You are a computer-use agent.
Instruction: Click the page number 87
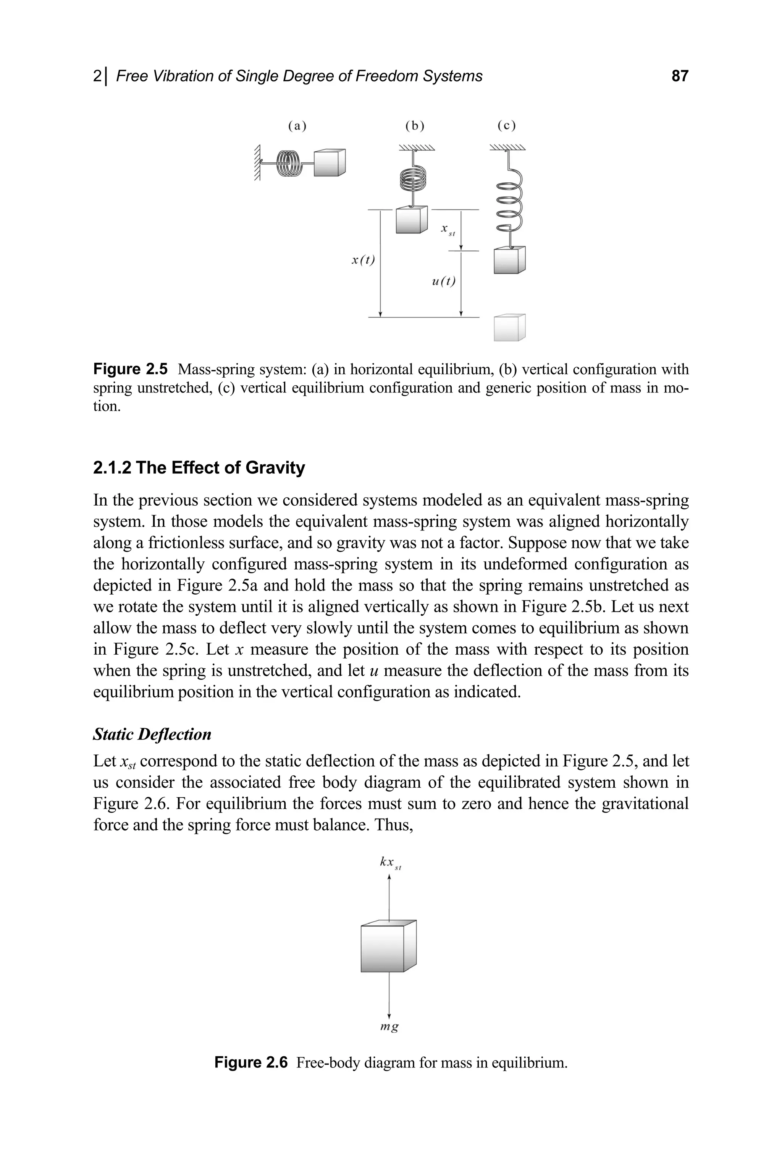click(x=679, y=76)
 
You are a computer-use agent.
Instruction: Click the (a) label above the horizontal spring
click(x=297, y=126)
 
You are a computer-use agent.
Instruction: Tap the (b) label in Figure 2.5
click(x=414, y=126)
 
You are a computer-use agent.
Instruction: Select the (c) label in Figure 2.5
click(x=506, y=126)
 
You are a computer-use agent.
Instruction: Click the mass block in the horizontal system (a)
click(x=330, y=163)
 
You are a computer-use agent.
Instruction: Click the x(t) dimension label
click(x=363, y=260)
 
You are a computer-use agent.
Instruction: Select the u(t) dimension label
click(x=444, y=282)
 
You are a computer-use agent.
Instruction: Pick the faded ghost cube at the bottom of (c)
click(x=509, y=328)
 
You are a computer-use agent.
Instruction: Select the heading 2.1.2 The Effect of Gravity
click(x=199, y=468)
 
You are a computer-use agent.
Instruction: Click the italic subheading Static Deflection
click(x=152, y=734)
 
